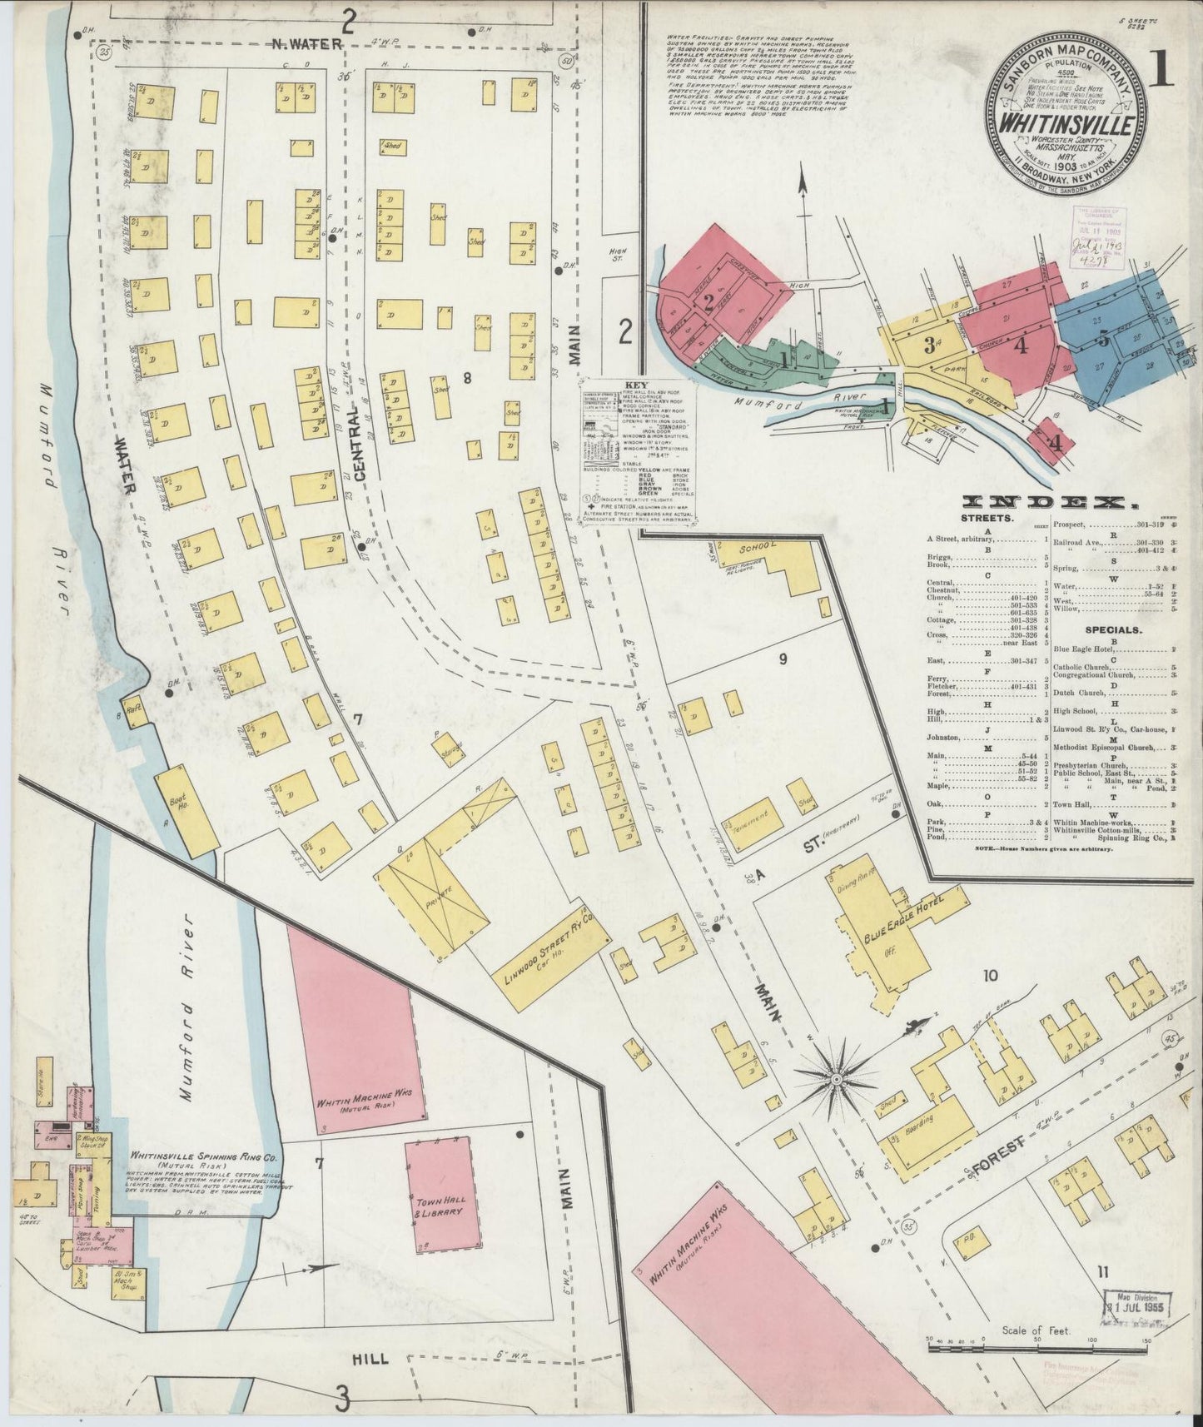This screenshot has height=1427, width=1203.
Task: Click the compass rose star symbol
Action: coord(835,1079)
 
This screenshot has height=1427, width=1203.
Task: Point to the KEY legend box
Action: coord(639,453)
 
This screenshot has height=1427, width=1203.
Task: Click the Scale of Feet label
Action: coord(1036,1330)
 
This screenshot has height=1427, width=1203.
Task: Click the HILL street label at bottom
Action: coord(370,1357)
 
